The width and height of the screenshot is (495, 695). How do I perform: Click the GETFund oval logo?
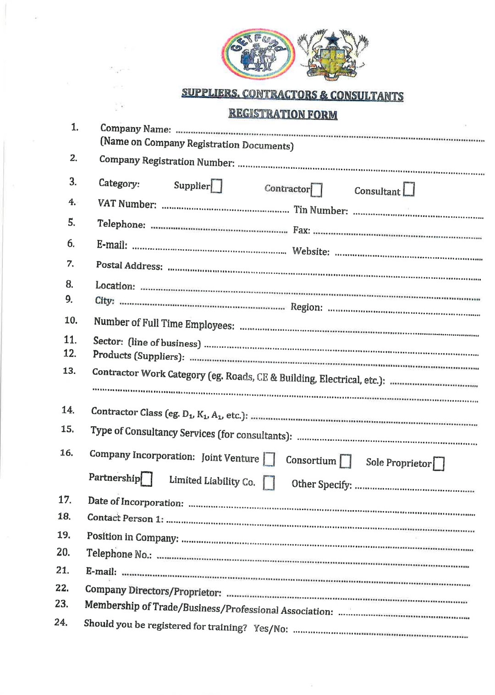[258, 55]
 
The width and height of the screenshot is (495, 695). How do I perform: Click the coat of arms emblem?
[333, 54]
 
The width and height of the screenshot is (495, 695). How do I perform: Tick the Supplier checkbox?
[217, 186]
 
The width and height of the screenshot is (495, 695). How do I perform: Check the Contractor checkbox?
[317, 189]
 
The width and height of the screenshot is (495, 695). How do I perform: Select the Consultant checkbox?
[409, 189]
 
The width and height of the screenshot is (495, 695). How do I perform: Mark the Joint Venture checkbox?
[269, 459]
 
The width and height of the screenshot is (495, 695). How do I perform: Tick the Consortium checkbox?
[346, 461]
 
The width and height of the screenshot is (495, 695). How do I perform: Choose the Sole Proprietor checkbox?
[439, 464]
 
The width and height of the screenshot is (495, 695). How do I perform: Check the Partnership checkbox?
[147, 478]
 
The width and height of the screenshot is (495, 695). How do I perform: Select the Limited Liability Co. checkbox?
[269, 483]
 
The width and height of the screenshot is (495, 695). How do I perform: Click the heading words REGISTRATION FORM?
[283, 114]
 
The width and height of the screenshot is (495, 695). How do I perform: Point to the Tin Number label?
[320, 210]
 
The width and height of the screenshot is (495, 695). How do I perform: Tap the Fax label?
[302, 230]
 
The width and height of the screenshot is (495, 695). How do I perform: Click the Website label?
[311, 251]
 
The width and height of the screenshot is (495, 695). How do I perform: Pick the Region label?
[306, 307]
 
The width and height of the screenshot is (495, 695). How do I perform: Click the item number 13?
[69, 371]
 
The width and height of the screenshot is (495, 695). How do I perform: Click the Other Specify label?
[322, 484]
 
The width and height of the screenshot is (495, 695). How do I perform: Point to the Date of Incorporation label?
[136, 502]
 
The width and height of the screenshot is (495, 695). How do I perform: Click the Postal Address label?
[129, 266]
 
